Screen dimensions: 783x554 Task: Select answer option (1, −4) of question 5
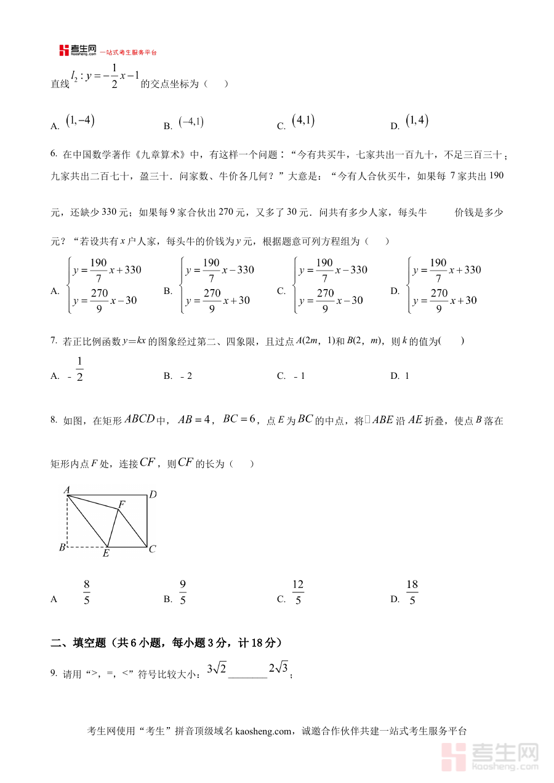81,122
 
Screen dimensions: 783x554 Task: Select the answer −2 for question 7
186,376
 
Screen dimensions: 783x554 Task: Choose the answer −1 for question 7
299,376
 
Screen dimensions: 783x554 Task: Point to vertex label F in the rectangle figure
122,504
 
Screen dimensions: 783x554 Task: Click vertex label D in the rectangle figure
153,494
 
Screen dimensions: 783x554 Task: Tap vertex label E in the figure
106,554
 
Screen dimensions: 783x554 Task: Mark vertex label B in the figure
62,547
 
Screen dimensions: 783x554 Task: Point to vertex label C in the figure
153,549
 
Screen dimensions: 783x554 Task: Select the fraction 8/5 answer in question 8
87,592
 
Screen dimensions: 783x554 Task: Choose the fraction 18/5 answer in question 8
412,592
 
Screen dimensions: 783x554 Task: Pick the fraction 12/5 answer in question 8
298,592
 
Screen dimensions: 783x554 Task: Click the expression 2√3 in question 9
278,669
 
